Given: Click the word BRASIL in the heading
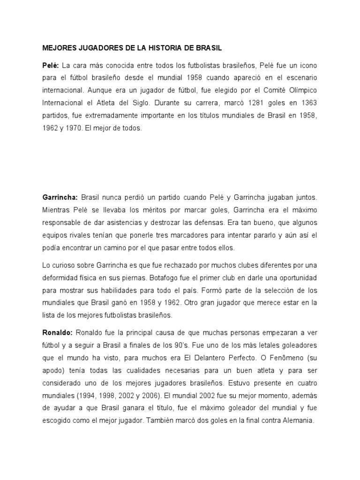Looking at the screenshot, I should pos(210,48).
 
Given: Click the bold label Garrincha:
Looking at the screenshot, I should pos(60,198).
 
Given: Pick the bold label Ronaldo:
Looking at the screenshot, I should pos(58,333).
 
